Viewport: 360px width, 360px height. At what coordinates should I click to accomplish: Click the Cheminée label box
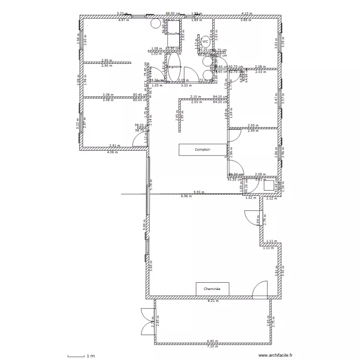click(x=212, y=289)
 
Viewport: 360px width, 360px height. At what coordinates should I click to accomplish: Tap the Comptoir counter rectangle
click(x=202, y=150)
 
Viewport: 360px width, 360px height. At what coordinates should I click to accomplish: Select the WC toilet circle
click(x=205, y=42)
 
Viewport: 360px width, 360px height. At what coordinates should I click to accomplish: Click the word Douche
click(x=173, y=34)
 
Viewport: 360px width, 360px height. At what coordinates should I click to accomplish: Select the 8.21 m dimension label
click(x=212, y=301)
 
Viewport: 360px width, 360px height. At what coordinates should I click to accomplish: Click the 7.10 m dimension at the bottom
click(x=212, y=346)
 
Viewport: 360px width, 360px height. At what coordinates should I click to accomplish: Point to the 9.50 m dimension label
click(x=198, y=192)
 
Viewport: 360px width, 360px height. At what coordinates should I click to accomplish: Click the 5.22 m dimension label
click(x=122, y=14)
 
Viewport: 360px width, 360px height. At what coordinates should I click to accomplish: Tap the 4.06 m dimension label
click(x=113, y=152)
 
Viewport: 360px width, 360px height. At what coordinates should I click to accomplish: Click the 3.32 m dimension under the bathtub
click(x=184, y=85)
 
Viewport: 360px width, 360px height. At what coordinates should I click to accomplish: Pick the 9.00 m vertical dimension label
click(x=144, y=224)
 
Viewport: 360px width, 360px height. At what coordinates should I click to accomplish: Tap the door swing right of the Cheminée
click(x=260, y=289)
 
